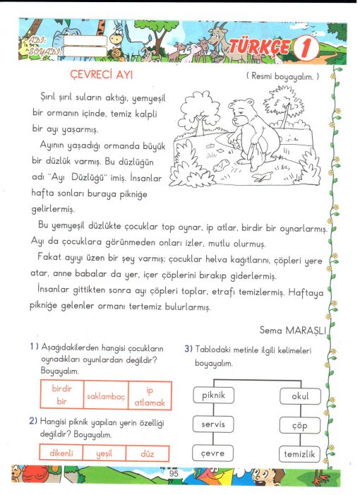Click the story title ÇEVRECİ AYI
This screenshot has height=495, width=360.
point(101,75)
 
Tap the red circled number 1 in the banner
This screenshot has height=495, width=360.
point(306,48)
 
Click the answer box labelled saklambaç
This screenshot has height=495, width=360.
point(106,395)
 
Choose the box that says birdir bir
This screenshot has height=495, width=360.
point(62,395)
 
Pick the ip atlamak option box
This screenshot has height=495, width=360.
point(150,396)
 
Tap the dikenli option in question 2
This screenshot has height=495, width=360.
point(61,453)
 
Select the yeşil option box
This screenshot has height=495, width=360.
point(104,453)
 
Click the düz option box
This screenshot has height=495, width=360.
point(148,453)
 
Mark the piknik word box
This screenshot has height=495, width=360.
point(214,395)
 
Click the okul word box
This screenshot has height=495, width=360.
point(300,396)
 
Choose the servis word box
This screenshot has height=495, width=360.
point(213,424)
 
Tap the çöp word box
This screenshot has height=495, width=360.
point(300,425)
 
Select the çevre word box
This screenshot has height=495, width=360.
point(212,453)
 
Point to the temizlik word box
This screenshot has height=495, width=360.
point(299,454)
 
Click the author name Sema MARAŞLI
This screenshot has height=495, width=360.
point(292,330)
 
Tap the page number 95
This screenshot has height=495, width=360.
point(174,474)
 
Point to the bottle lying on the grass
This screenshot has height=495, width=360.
point(221,165)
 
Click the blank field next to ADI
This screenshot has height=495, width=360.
point(85,41)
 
